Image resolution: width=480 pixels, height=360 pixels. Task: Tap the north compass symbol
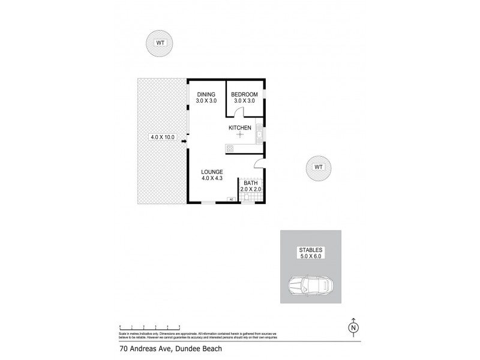click(x=353, y=327)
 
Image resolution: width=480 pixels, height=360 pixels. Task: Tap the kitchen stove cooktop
click(x=229, y=148)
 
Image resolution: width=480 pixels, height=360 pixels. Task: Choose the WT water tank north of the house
click(x=160, y=42)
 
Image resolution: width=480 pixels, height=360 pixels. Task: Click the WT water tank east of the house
click(x=318, y=167)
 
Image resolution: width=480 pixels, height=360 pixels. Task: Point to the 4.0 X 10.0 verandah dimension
click(x=163, y=137)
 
